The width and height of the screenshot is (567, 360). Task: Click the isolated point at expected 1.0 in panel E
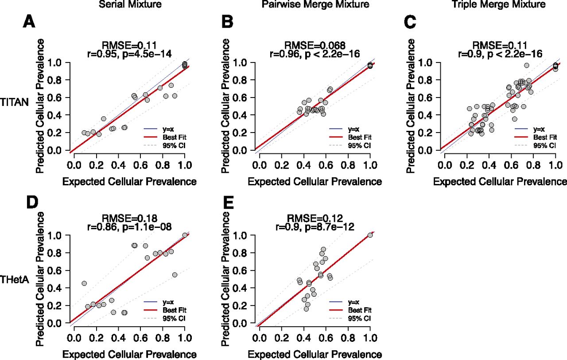370,235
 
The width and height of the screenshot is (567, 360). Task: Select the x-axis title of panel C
500,181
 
